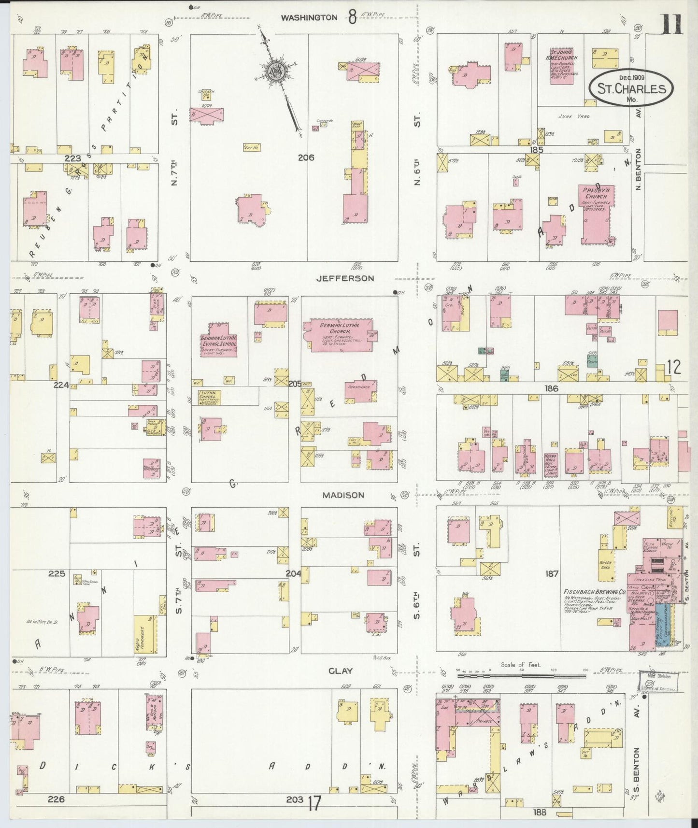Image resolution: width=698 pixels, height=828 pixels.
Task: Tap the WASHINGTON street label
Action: [309, 17]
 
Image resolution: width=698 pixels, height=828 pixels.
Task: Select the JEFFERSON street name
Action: [345, 279]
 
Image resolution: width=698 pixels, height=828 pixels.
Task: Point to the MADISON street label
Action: [343, 495]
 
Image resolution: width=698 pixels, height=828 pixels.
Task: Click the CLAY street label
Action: [341, 671]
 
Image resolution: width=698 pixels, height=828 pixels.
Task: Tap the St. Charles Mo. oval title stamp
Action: [631, 88]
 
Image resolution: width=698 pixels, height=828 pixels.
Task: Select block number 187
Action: [552, 574]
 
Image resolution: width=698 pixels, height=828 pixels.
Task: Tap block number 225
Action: [56, 574]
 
